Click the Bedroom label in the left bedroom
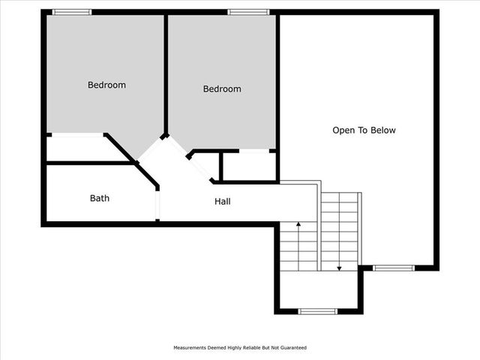tap(106, 85)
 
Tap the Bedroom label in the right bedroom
tap(222, 88)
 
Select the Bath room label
tap(100, 198)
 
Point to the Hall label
tap(223, 201)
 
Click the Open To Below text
tap(364, 130)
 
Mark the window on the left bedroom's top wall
tap(72, 12)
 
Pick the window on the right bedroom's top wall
tap(248, 12)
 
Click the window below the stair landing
tap(318, 310)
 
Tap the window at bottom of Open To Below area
tap(394, 268)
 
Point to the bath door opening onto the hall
tap(157, 203)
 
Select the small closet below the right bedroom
tap(248, 166)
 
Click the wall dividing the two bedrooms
tap(166, 75)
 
